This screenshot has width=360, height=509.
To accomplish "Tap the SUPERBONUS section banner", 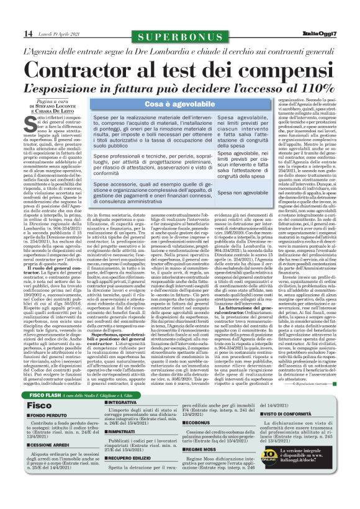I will [x=179, y=37].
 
